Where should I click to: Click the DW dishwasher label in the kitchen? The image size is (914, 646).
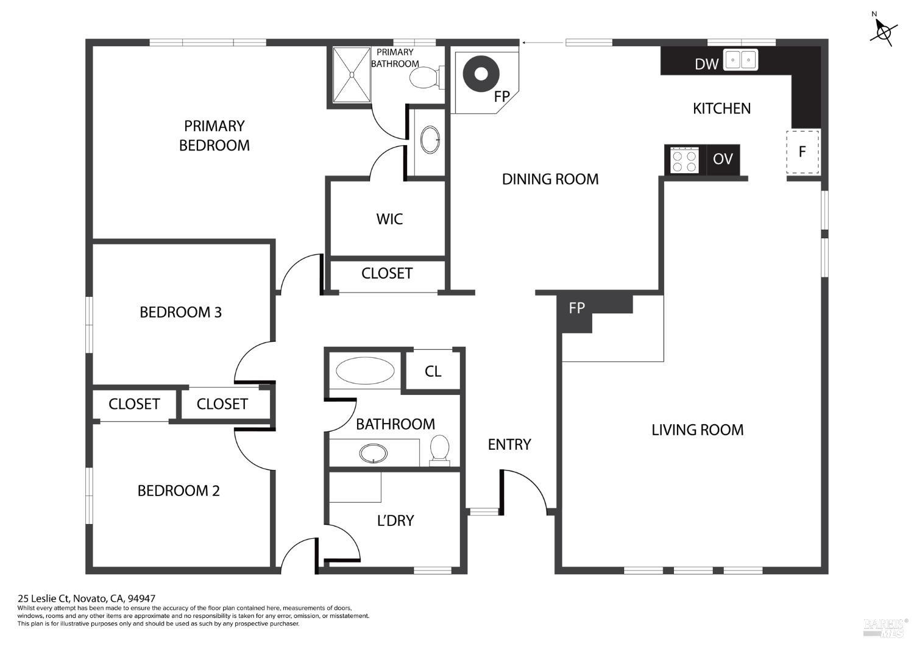[x=706, y=63]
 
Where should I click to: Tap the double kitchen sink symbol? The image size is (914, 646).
[x=740, y=60]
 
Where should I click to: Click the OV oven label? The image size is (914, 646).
[x=723, y=159]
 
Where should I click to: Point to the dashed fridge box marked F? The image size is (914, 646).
[x=802, y=152]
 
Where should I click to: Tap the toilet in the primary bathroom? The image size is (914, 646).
[x=423, y=77]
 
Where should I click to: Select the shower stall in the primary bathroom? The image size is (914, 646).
[x=352, y=74]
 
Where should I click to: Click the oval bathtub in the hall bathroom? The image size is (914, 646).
[x=365, y=371]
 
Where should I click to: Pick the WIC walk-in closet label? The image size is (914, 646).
[x=389, y=219]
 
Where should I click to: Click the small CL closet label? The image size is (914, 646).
[x=433, y=371]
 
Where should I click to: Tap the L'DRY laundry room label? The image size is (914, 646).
[x=395, y=520]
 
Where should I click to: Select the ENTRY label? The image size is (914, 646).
[x=509, y=444]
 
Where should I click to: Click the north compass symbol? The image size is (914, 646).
[x=883, y=30]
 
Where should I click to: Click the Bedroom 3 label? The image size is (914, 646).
[x=180, y=312]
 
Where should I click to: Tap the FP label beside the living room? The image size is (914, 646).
[x=576, y=308]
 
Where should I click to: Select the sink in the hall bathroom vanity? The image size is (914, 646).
[x=373, y=453]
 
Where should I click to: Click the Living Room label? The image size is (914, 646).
[x=697, y=430]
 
